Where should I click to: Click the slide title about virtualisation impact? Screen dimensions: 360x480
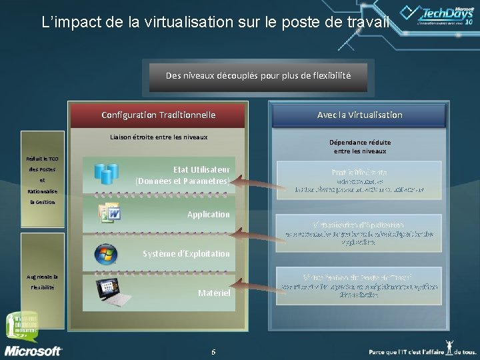point(213,23)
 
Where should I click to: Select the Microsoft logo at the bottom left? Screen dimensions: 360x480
point(33,349)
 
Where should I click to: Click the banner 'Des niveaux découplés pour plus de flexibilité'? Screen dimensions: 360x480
point(258,76)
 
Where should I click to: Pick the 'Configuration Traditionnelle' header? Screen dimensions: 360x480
point(158,115)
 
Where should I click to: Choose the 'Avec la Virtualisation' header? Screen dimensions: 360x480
point(359,115)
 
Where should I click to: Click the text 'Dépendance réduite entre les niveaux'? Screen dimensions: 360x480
point(360,147)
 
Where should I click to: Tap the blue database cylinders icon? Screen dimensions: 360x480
point(107,173)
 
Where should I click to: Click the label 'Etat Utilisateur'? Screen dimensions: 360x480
point(201,170)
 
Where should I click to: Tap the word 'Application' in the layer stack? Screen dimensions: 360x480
point(208,215)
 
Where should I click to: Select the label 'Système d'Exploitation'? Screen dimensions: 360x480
point(186,254)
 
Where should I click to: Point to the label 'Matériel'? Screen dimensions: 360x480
point(214,293)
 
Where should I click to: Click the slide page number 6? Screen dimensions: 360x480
point(213,351)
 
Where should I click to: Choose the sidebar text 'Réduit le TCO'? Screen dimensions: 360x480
point(43,158)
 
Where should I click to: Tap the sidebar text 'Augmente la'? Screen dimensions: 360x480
point(43,276)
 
